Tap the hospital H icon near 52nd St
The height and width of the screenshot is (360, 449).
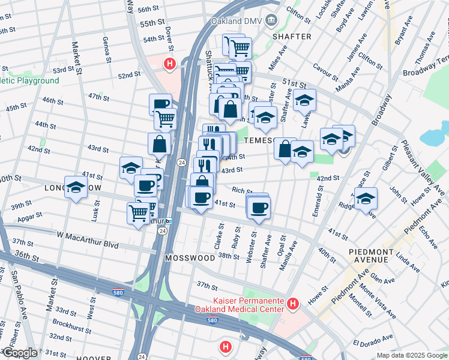click(170, 63)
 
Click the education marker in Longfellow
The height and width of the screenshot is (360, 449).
click(76, 189)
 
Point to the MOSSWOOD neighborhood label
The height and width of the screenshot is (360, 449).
click(190, 257)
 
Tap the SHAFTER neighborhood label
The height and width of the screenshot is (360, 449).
click(292, 37)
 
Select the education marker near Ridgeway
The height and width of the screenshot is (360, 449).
click(366, 198)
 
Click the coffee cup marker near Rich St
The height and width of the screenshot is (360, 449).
click(259, 208)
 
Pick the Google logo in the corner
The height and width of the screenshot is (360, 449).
click(19, 353)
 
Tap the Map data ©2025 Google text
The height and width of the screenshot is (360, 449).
click(411, 355)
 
